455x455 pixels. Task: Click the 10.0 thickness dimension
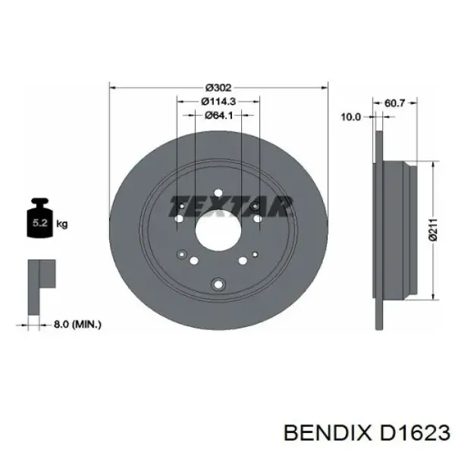pos(350,118)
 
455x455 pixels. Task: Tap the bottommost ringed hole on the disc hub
pos(218,284)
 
